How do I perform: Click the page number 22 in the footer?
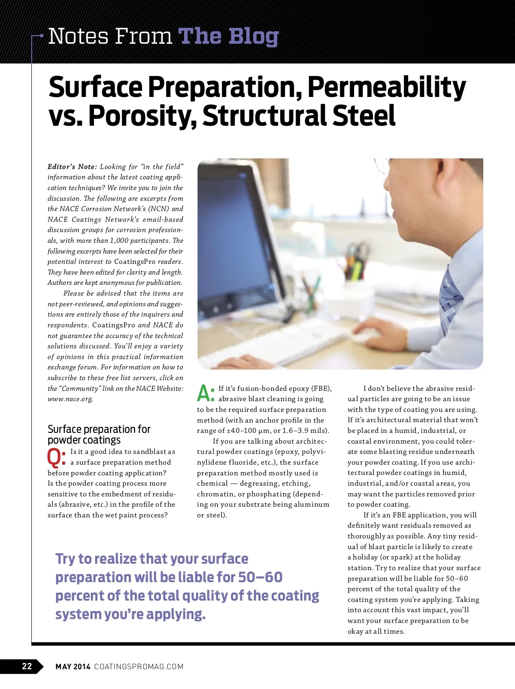[27, 666]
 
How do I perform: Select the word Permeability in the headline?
[386, 88]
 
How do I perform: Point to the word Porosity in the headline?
[142, 116]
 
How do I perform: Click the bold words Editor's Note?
[72, 166]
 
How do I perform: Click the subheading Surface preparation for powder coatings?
[99, 434]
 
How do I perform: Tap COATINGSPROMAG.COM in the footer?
[139, 666]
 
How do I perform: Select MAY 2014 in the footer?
[73, 666]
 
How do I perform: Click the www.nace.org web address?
[70, 399]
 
